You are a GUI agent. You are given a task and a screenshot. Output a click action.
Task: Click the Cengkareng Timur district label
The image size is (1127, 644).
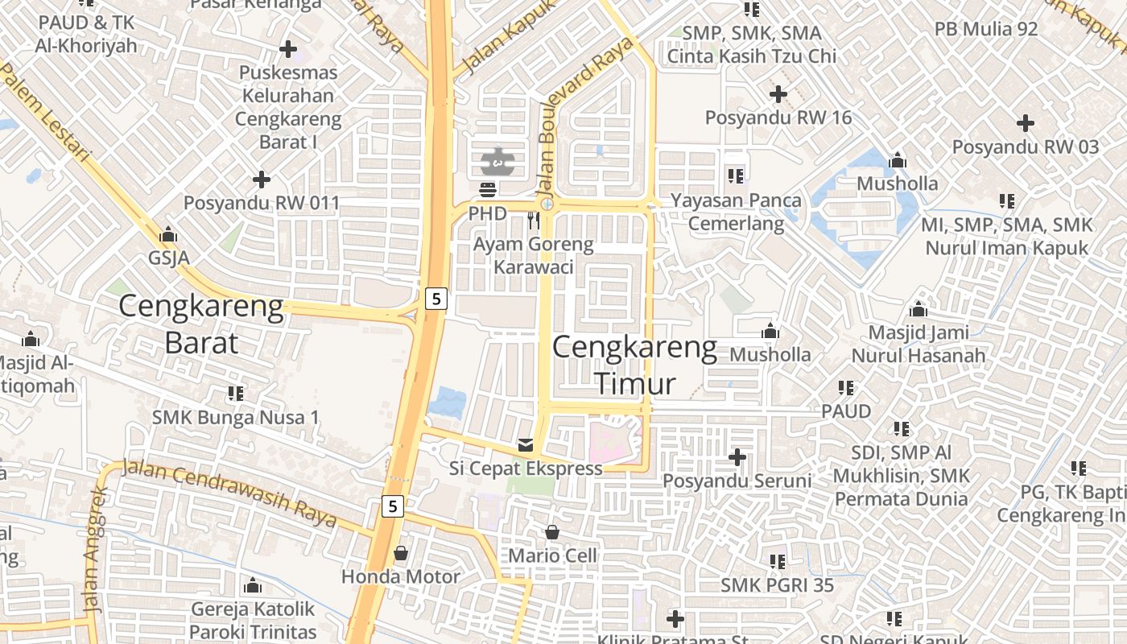[x=635, y=365]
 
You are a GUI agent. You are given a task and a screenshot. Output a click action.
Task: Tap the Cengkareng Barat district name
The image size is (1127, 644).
[x=201, y=324]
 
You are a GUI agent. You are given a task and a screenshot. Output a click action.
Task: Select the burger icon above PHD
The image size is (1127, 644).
[x=488, y=190]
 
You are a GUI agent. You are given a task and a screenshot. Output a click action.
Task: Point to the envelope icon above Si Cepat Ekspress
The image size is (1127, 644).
[x=526, y=445]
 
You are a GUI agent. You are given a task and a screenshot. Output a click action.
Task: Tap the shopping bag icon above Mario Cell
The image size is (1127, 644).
[x=552, y=532]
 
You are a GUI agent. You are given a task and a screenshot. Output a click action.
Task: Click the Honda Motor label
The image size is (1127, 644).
[x=401, y=576]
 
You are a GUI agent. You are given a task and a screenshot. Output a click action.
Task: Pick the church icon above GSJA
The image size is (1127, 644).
[x=168, y=235]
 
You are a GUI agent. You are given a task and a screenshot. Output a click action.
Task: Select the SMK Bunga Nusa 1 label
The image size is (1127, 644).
[x=236, y=417]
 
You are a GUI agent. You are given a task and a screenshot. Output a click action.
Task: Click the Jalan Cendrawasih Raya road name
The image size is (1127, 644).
[x=229, y=492]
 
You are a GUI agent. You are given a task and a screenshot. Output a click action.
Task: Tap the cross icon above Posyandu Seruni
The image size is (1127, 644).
[x=737, y=457]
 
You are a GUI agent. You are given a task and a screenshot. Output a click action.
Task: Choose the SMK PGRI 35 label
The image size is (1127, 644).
[x=778, y=584]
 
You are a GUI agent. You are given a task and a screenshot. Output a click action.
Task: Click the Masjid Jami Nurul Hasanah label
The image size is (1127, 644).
[x=919, y=344]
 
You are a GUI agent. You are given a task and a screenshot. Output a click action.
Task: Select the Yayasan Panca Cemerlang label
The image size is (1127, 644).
[x=737, y=212]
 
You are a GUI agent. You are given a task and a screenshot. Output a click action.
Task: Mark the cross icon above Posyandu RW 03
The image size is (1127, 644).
[x=1025, y=123]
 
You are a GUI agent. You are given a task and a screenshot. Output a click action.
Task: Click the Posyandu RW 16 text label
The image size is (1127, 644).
[x=778, y=118]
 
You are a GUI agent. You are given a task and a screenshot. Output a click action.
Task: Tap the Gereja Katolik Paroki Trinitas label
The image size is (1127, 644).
[x=253, y=620]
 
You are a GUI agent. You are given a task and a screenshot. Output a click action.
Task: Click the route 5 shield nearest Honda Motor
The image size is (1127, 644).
[x=392, y=506]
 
